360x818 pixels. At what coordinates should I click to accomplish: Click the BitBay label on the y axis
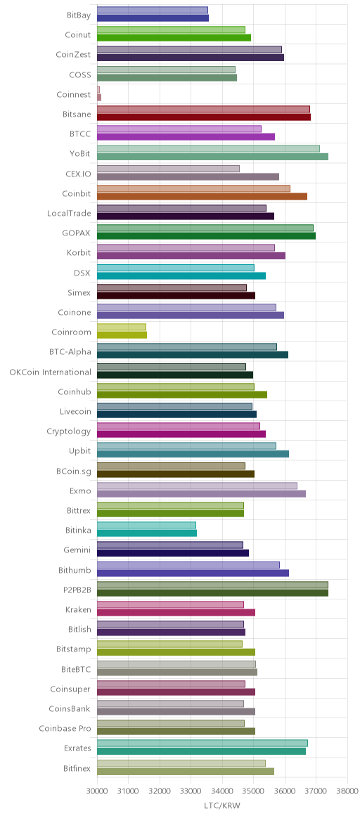click(78, 15)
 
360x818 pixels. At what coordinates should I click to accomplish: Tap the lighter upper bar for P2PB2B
click(212, 585)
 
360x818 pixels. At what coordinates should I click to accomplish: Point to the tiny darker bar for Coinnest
click(99, 97)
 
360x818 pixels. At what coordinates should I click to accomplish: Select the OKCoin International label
click(50, 372)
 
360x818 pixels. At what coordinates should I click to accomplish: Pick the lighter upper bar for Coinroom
click(122, 327)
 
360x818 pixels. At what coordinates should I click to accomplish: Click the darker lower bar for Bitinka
click(147, 533)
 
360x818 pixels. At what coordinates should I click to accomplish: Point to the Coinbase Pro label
click(65, 728)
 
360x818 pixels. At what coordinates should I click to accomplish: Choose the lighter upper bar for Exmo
click(197, 486)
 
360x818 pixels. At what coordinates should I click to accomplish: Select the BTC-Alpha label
click(70, 351)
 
